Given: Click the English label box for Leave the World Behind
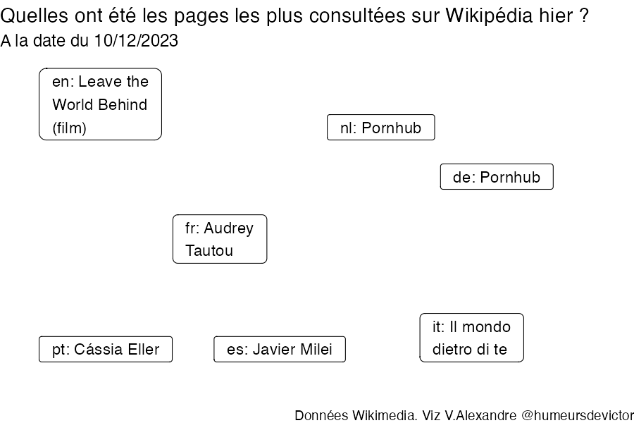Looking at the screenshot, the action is [100, 104].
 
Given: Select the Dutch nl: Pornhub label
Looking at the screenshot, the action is [381, 128].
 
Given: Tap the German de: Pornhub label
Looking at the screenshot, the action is [497, 176].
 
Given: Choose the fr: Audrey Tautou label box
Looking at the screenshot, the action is [220, 239].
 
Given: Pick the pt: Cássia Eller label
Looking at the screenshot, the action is [106, 349].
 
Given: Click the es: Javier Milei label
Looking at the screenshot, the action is [280, 349].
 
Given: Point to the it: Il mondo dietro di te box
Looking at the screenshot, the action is [471, 338].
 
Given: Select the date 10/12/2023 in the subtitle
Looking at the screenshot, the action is [136, 40].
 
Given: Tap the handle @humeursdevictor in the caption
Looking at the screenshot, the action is [578, 415].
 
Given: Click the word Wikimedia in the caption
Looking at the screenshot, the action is [385, 415].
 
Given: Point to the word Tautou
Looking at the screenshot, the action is [209, 250].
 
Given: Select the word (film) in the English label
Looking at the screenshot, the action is [69, 128].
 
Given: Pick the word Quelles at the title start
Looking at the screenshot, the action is [35, 16].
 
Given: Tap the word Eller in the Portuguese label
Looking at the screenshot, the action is [144, 349].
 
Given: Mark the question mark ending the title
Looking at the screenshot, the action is [583, 16].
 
